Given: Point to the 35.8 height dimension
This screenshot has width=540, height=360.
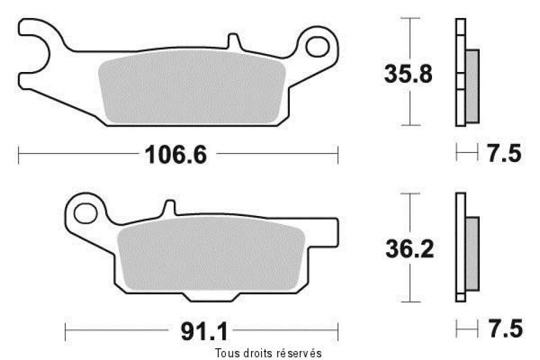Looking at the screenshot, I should (408, 74).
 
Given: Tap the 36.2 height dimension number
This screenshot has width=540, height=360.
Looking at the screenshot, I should (409, 249).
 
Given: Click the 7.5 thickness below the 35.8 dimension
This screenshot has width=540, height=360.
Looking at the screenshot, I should (504, 154).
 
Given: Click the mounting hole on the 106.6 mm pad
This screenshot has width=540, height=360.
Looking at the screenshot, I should (318, 44).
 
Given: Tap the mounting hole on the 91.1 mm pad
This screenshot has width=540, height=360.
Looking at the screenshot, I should (85, 213).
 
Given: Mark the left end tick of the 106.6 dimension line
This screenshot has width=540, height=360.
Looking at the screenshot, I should (19, 154).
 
